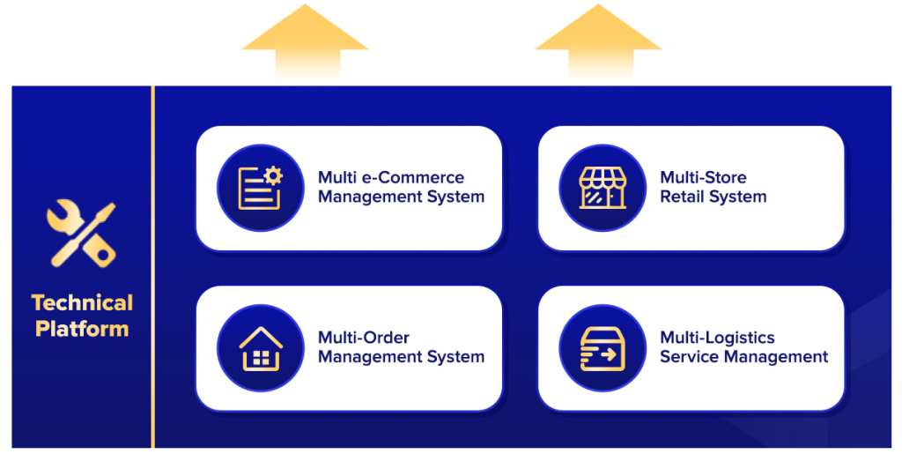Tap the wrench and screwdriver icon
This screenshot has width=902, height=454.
pyautogui.click(x=81, y=234)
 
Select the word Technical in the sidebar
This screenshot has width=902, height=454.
pyautogui.click(x=82, y=303)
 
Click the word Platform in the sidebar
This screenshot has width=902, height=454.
pyautogui.click(x=82, y=330)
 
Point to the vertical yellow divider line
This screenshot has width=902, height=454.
pyautogui.click(x=153, y=264)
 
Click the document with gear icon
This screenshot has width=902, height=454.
pyautogui.click(x=260, y=188)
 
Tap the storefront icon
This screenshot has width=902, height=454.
pyautogui.click(x=603, y=188)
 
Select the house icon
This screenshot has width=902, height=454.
pyautogui.click(x=260, y=348)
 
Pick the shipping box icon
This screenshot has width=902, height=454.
pyautogui.click(x=603, y=348)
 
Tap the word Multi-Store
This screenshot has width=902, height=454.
pyautogui.click(x=703, y=178)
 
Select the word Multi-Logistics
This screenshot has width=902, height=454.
pyautogui.click(x=717, y=338)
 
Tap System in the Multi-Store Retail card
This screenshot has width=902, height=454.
pyautogui.click(x=740, y=197)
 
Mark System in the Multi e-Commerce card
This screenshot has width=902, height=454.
pyautogui.click(x=456, y=197)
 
